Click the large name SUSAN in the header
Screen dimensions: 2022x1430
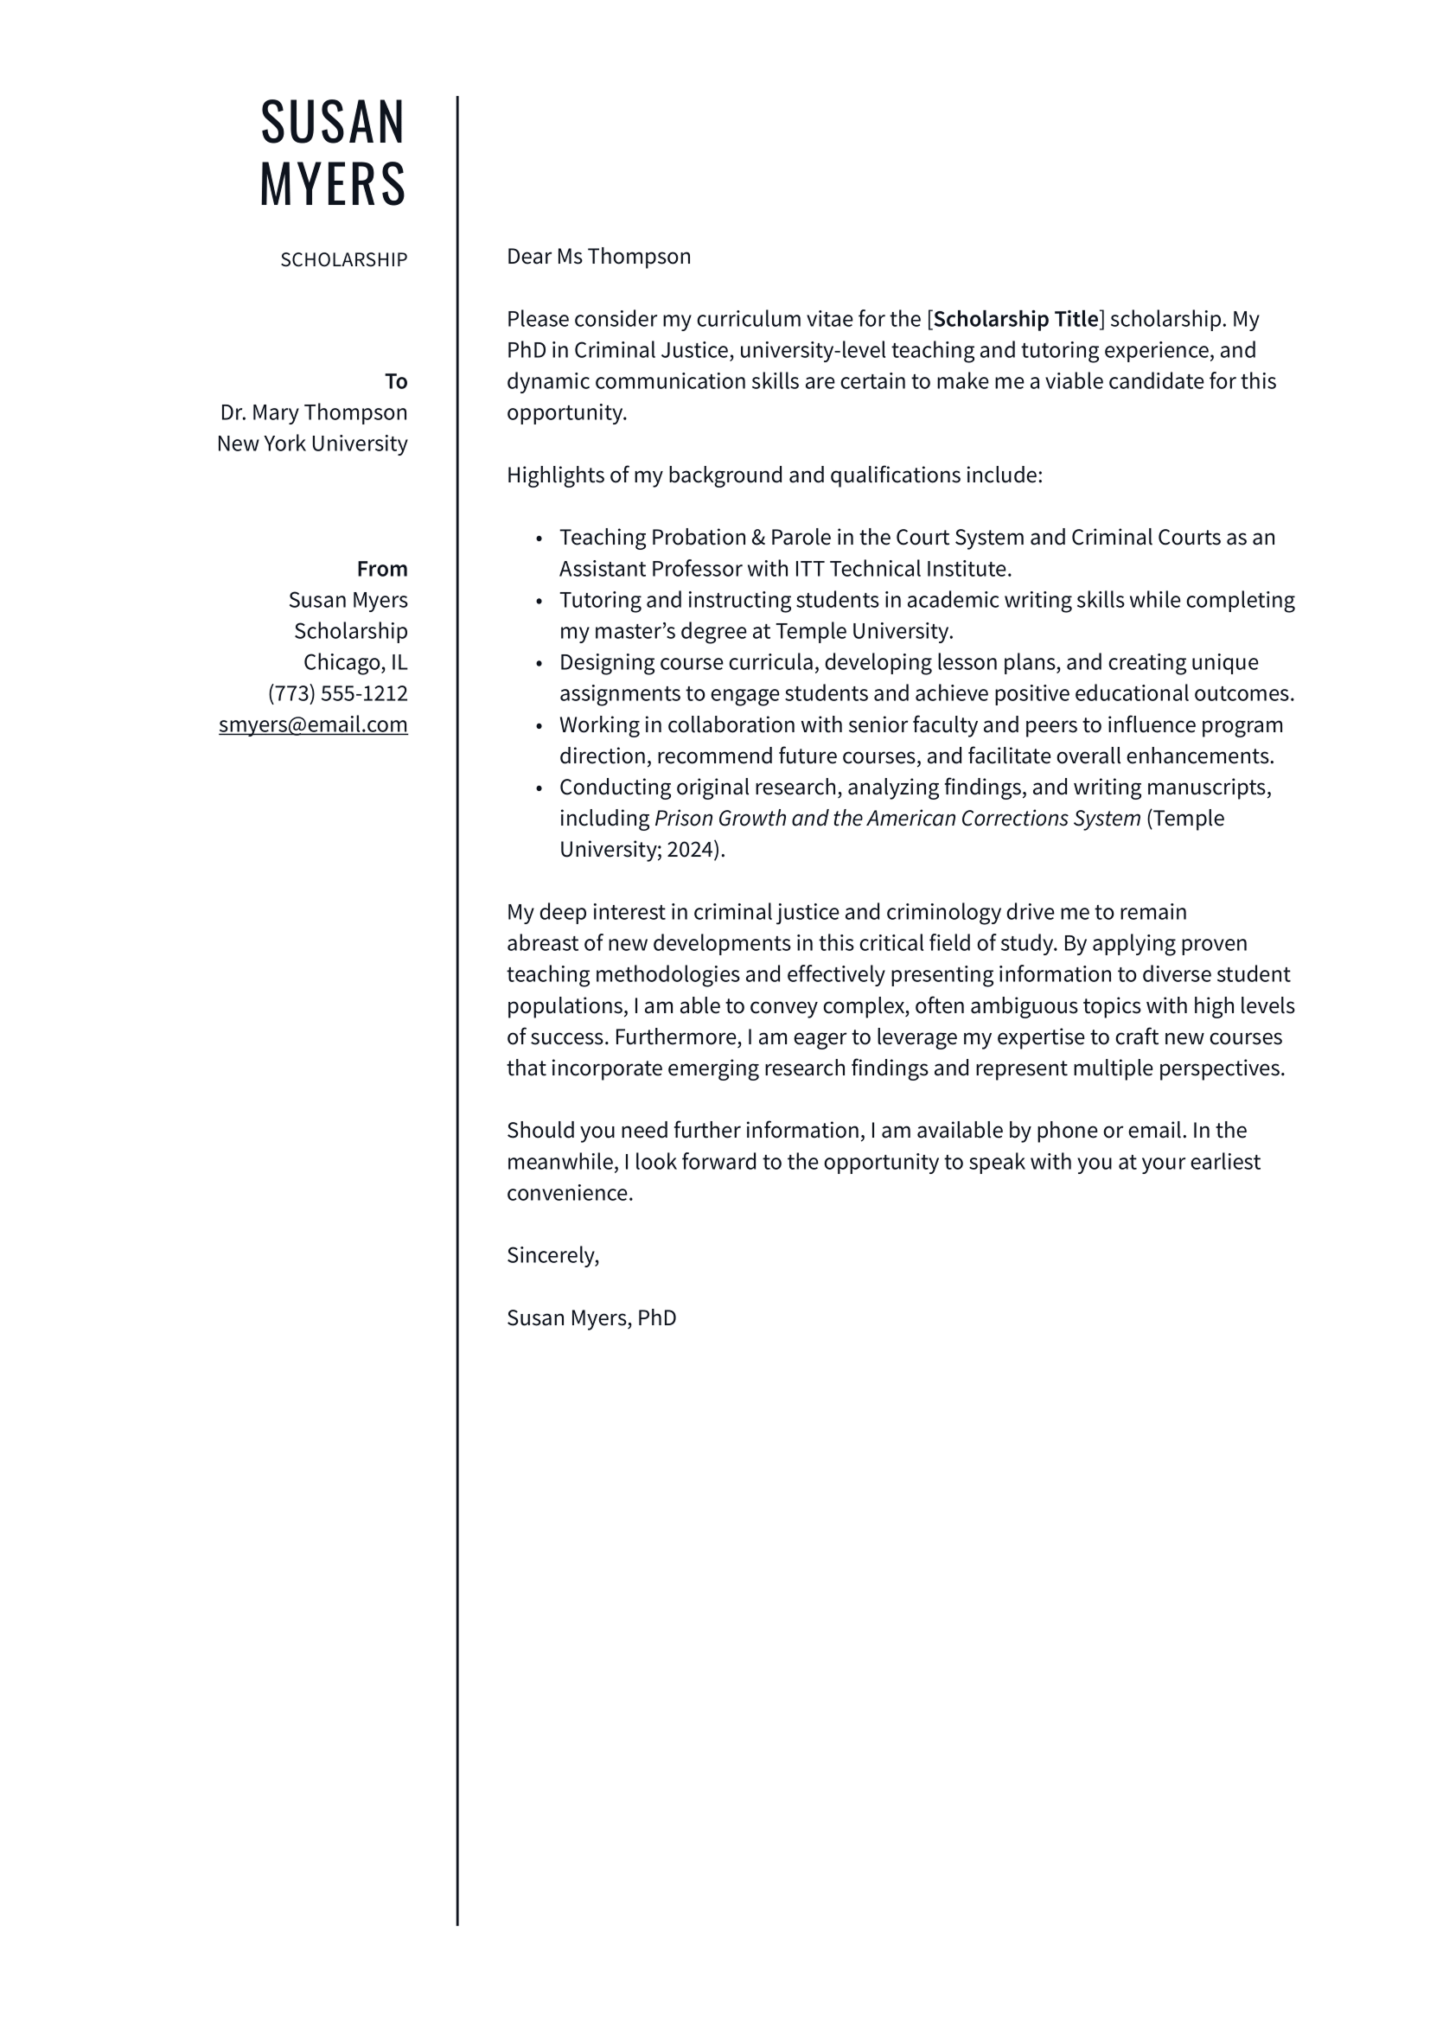(333, 123)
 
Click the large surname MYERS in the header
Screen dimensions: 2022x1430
(333, 185)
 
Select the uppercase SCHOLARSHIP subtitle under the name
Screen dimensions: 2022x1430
(343, 260)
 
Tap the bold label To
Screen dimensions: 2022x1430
(395, 381)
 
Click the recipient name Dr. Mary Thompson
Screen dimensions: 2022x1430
(314, 412)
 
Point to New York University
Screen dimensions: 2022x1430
(312, 443)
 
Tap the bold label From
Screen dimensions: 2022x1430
(381, 569)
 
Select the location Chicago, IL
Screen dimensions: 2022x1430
(354, 662)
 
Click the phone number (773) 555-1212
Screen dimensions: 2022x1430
(337, 693)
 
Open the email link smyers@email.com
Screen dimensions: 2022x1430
(313, 724)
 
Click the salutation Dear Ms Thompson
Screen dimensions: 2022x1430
(598, 256)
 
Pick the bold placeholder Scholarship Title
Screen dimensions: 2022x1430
(1015, 319)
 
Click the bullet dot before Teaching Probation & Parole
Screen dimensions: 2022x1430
(539, 539)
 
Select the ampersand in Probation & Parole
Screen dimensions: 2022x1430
(758, 537)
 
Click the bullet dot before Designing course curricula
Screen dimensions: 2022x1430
(539, 664)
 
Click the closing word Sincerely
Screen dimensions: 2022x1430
(552, 1256)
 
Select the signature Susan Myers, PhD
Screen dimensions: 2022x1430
(591, 1318)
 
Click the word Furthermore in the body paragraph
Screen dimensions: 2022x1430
(678, 1037)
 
